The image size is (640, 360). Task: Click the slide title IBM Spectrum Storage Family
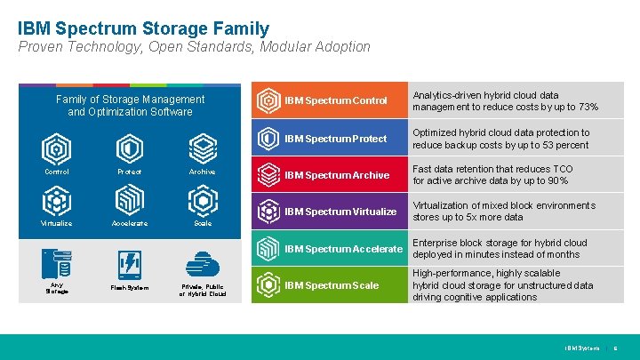pyautogui.click(x=142, y=28)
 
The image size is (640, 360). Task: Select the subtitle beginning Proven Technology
pyautogui.click(x=194, y=47)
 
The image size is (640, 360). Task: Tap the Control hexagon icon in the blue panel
pyautogui.click(x=57, y=148)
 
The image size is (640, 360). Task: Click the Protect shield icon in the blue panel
pyautogui.click(x=130, y=148)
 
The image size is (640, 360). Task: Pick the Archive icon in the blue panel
pyautogui.click(x=202, y=148)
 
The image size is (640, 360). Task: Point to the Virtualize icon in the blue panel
pyautogui.click(x=57, y=199)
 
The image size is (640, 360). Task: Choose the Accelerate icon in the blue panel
pyautogui.click(x=130, y=199)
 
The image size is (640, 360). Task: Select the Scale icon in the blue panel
pyautogui.click(x=202, y=199)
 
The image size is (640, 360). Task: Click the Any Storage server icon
pyautogui.click(x=57, y=264)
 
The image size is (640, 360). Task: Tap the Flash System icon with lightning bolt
pyautogui.click(x=130, y=265)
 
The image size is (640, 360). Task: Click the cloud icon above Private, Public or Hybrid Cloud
pyautogui.click(x=203, y=265)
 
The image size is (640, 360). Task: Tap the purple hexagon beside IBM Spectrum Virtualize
pyautogui.click(x=268, y=212)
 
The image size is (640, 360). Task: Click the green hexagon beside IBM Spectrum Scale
pyautogui.click(x=268, y=285)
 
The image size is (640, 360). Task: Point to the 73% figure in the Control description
pyautogui.click(x=587, y=108)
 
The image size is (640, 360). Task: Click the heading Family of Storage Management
pyautogui.click(x=130, y=100)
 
